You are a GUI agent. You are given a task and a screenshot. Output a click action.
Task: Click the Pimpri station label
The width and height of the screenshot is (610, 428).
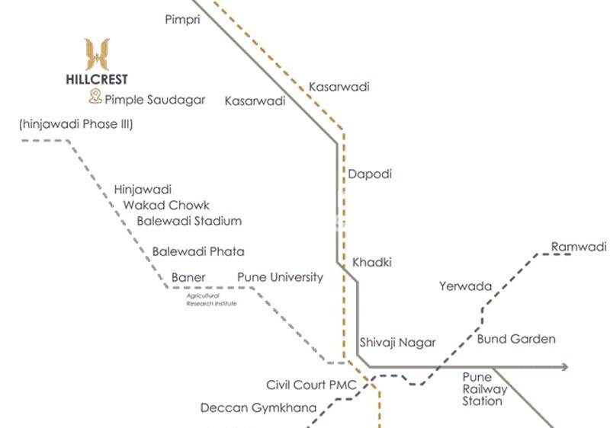(x=182, y=19)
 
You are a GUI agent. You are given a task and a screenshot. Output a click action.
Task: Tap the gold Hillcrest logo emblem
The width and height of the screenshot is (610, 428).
(x=97, y=55)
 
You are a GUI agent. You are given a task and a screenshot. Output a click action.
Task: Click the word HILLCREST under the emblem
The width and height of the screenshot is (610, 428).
(x=97, y=79)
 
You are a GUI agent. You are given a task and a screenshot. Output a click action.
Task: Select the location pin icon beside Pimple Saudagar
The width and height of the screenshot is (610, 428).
(x=95, y=97)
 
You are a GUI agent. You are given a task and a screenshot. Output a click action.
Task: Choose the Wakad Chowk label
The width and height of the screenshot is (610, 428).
(x=166, y=205)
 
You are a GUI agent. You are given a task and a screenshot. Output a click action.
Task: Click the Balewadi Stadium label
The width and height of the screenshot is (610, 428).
(x=189, y=221)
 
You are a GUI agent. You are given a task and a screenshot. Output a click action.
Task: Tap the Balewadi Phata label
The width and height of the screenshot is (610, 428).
(x=198, y=251)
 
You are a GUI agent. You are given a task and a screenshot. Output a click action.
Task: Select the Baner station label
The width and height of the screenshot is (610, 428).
(x=188, y=277)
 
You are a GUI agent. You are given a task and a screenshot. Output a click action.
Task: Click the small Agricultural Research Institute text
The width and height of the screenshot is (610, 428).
(x=211, y=299)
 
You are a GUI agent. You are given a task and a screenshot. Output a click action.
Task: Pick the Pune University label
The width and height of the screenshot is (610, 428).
(x=280, y=277)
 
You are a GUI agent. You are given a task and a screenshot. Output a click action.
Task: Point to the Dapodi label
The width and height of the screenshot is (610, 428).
(x=370, y=174)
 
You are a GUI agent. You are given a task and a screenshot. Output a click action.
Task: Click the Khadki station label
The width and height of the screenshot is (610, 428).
(x=371, y=263)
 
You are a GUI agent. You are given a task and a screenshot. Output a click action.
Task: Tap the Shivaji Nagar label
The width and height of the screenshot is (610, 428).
(x=397, y=343)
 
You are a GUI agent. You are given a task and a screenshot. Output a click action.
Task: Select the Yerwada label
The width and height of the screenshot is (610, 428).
(x=465, y=287)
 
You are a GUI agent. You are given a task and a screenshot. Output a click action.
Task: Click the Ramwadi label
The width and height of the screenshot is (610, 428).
(x=579, y=247)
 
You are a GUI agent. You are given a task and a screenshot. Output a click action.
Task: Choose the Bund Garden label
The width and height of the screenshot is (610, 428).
(x=516, y=339)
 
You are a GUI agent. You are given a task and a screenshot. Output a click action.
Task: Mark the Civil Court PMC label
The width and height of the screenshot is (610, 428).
(x=312, y=385)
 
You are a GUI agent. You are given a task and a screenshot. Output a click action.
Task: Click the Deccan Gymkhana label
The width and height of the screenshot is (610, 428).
(x=258, y=408)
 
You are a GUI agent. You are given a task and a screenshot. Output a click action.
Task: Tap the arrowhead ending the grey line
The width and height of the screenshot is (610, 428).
(x=565, y=367)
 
